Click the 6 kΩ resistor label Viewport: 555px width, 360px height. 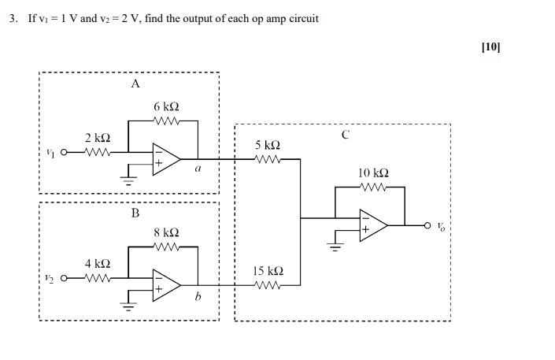(166, 106)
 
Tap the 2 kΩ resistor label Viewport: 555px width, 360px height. (98, 138)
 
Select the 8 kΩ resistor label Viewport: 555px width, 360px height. (166, 232)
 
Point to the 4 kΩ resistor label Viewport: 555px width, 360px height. (98, 264)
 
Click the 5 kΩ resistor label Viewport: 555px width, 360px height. (268, 146)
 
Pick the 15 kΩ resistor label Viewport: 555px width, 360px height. (268, 271)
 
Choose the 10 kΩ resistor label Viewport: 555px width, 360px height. (373, 173)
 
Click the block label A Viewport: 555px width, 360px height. (135, 84)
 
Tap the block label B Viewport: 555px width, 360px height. (135, 213)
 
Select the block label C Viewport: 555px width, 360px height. (346, 135)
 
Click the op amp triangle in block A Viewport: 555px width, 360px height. (166, 158)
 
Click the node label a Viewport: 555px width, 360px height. (198, 167)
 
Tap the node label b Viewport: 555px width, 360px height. (198, 296)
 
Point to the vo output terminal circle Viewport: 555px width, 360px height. (427, 225)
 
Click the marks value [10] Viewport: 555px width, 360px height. (490, 46)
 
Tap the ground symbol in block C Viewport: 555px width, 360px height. (336, 246)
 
